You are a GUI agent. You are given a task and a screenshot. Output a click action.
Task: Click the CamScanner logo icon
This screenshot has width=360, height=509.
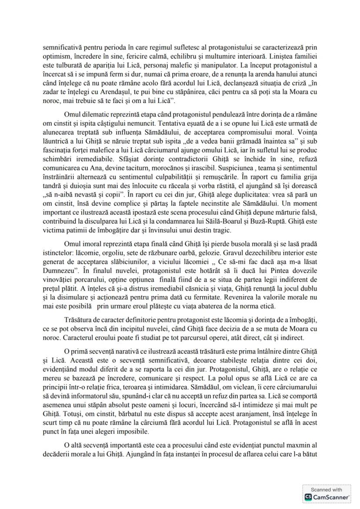coord(307,497)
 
